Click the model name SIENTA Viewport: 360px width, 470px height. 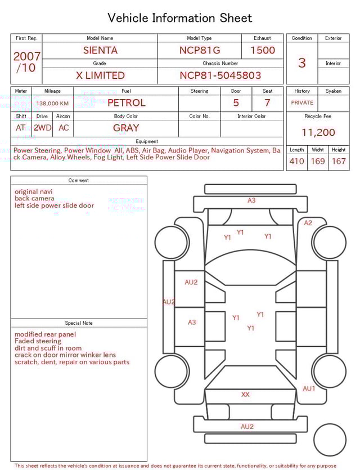(x=100, y=50)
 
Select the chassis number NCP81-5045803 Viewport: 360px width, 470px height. (x=220, y=75)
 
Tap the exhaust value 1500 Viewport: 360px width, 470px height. (x=262, y=50)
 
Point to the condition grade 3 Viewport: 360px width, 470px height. (x=301, y=62)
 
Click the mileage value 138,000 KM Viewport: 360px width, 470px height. (x=52, y=104)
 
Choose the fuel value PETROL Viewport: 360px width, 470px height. (x=126, y=103)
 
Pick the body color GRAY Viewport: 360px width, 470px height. (x=126, y=128)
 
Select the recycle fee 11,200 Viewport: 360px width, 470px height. (x=318, y=132)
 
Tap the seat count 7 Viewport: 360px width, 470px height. (x=267, y=103)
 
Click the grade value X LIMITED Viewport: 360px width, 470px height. (x=100, y=75)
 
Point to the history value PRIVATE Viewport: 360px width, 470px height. (x=302, y=103)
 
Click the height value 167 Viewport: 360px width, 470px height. (x=339, y=162)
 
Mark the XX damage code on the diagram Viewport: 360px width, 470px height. (x=245, y=395)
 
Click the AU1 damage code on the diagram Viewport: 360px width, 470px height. (x=309, y=388)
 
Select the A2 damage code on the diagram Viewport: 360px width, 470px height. (x=308, y=223)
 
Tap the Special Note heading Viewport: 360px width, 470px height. (x=79, y=323)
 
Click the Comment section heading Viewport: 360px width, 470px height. (x=79, y=181)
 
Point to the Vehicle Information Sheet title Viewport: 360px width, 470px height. (x=180, y=18)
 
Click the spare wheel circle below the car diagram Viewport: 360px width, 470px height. (x=330, y=440)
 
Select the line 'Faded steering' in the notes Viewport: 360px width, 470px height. (x=38, y=341)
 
